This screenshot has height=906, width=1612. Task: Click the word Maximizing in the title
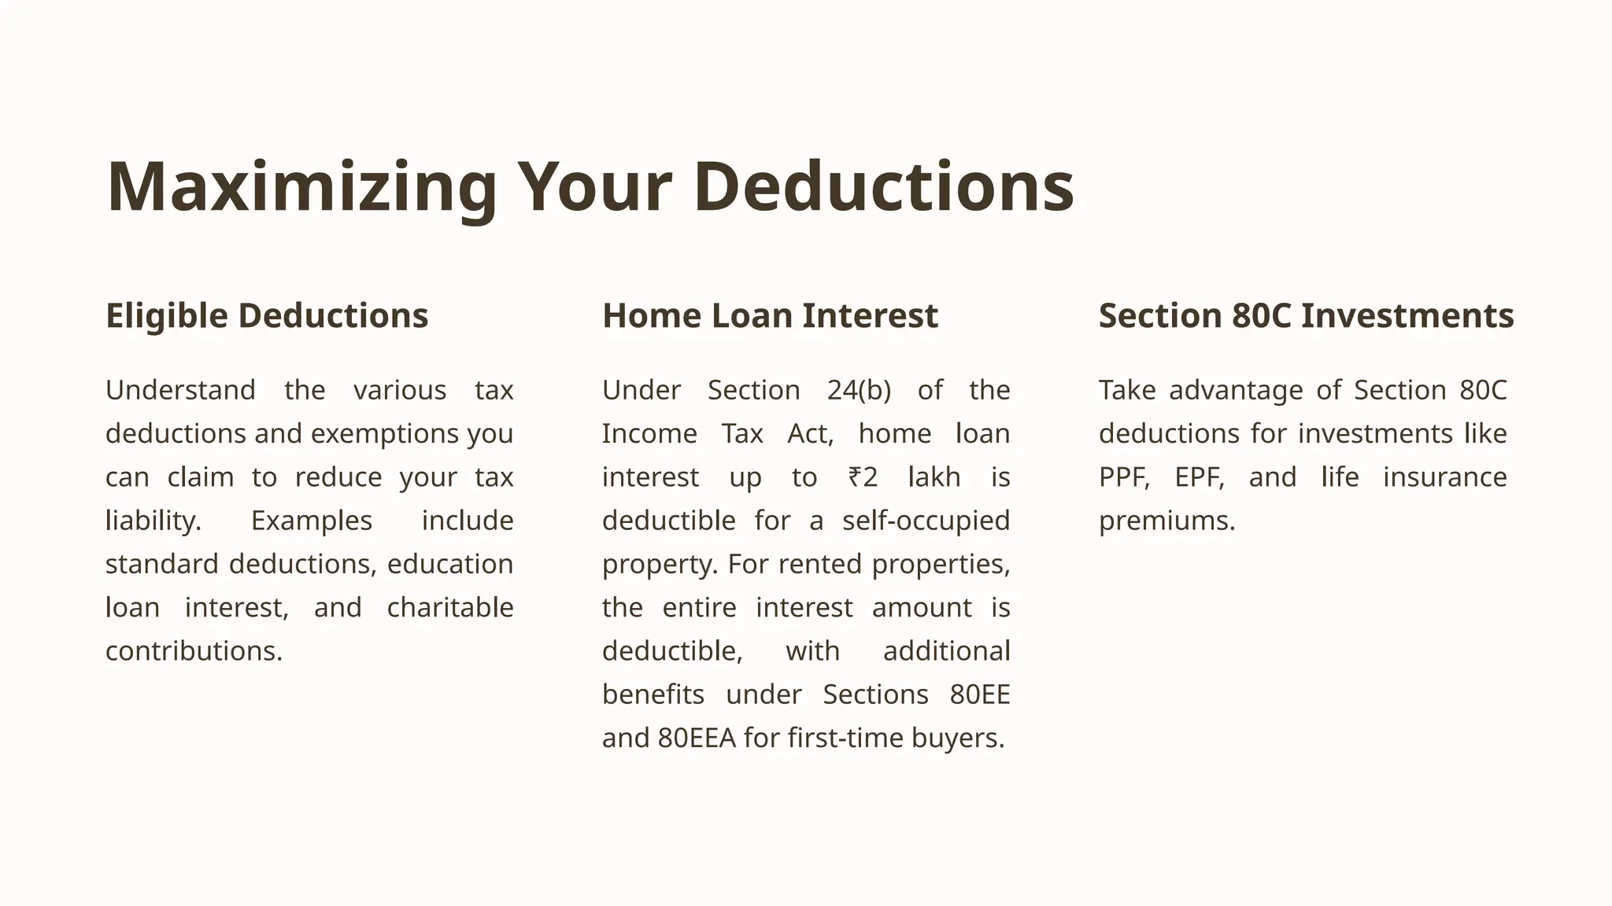pyautogui.click(x=302, y=187)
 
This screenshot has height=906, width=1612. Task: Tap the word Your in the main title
pyautogui.click(x=594, y=187)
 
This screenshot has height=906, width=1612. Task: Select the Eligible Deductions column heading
pyautogui.click(x=267, y=315)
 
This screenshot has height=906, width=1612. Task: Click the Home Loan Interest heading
pyautogui.click(x=770, y=315)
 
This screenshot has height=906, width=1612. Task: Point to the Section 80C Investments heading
pyautogui.click(x=1306, y=315)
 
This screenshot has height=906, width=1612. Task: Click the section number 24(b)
pyautogui.click(x=859, y=390)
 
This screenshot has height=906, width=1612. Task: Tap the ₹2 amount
pyautogui.click(x=863, y=477)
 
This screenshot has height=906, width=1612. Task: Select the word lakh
pyautogui.click(x=934, y=477)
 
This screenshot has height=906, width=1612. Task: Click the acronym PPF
pyautogui.click(x=1124, y=477)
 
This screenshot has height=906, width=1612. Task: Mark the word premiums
pyautogui.click(x=1166, y=521)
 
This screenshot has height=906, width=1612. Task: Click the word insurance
pyautogui.click(x=1444, y=477)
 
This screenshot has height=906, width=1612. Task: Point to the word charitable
pyautogui.click(x=450, y=608)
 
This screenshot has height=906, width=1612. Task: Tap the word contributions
pyautogui.click(x=194, y=651)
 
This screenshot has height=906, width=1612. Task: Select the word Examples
pyautogui.click(x=312, y=521)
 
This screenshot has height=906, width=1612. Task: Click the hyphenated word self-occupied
pyautogui.click(x=926, y=521)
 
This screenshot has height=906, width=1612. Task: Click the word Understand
pyautogui.click(x=180, y=390)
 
